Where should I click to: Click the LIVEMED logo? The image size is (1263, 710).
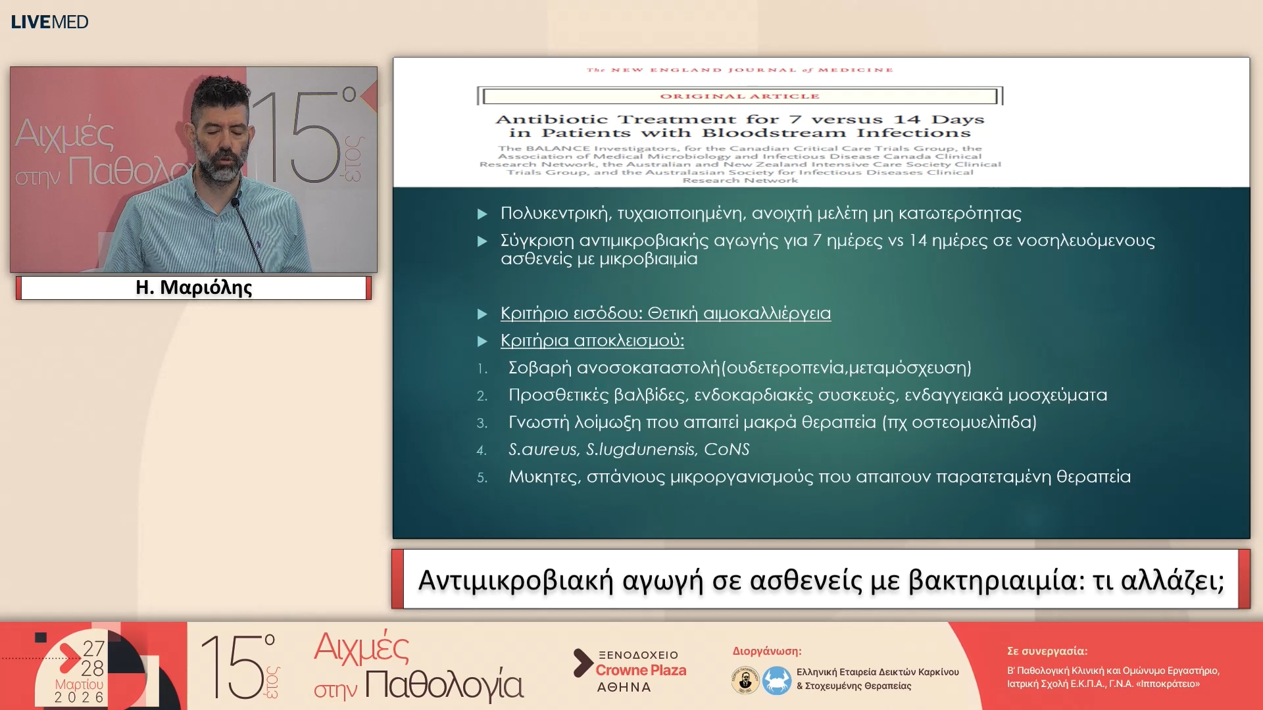pos(49,22)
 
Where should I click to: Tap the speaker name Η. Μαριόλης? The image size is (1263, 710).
pos(193,287)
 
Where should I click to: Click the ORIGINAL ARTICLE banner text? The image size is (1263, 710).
pos(739,96)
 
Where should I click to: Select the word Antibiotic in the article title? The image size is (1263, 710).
pos(551,120)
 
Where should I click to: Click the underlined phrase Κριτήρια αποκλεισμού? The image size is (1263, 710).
pos(592,341)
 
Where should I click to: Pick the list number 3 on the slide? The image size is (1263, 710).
pos(482,423)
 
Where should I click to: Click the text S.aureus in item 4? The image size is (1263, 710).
pos(543,450)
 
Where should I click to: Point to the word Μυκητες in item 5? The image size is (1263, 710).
pos(543,477)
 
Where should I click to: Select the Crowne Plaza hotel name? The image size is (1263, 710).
pos(641,670)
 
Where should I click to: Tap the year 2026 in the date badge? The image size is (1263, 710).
pos(79,697)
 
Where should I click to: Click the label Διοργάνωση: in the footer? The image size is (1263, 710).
pos(767,651)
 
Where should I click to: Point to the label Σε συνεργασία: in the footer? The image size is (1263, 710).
pos(1047,651)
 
